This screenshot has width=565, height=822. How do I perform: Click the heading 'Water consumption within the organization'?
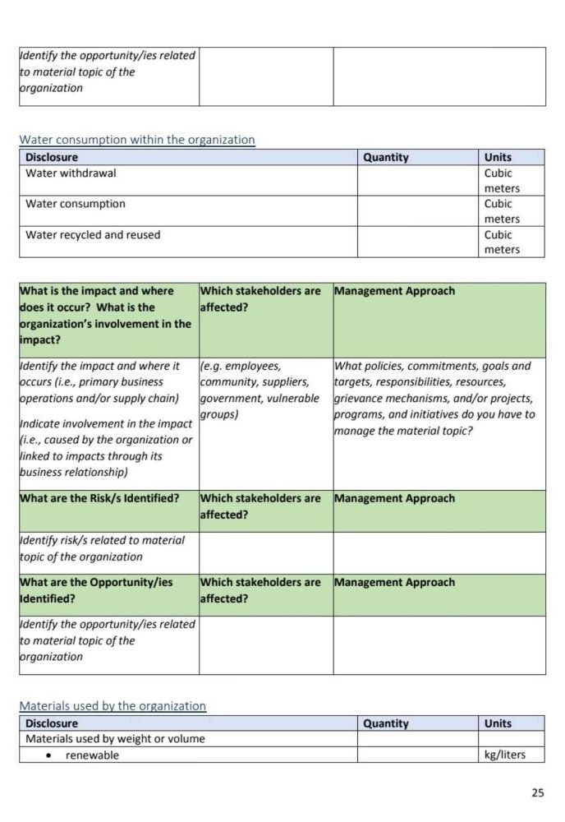137,140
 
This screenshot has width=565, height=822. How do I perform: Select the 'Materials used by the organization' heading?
113,706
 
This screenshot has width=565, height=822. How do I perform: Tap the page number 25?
538,792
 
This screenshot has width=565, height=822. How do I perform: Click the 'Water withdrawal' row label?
71,173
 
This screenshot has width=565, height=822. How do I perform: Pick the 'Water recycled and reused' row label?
93,235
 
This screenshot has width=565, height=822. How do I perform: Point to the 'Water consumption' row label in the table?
76,204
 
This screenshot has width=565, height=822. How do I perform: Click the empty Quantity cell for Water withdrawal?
417,180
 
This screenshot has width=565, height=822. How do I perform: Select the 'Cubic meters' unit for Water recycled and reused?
502,242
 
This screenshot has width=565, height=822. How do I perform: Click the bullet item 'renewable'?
92,755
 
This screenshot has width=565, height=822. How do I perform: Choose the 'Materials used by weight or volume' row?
115,739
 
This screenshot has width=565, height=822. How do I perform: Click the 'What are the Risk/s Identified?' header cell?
99,499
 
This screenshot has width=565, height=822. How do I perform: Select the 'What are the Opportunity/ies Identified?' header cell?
96,590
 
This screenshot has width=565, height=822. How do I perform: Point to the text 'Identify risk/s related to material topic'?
102,548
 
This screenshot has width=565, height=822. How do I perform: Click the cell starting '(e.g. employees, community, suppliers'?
260,390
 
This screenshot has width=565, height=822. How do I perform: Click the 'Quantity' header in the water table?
386,157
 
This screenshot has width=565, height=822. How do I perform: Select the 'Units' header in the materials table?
498,723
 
